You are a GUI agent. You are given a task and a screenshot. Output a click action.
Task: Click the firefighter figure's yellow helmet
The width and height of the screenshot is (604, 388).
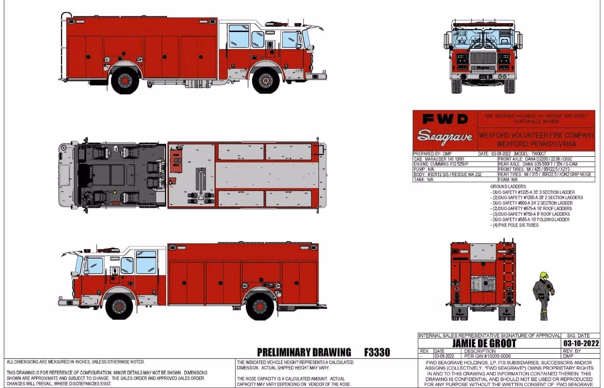click(544, 275)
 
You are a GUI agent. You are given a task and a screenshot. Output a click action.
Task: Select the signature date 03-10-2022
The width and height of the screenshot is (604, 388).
click(581, 343)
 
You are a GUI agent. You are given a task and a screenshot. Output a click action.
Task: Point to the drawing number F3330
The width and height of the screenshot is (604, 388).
click(377, 352)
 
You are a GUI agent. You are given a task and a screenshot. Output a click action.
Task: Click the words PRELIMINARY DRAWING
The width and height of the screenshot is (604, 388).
click(304, 352)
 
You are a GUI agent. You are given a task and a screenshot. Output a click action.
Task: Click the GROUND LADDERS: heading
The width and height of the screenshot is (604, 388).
click(508, 187)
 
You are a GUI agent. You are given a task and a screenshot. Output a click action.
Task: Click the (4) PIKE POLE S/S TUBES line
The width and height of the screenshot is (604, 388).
click(515, 225)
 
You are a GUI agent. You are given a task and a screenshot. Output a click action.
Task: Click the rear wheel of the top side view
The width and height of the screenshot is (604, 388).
click(125, 81)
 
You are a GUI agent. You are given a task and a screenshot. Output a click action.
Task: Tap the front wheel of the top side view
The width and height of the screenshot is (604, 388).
click(266, 81)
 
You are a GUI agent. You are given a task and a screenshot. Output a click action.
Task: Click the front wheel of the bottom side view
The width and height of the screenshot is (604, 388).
click(119, 306)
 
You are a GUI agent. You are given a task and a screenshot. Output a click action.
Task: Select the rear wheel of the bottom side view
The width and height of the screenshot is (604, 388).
click(260, 306)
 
